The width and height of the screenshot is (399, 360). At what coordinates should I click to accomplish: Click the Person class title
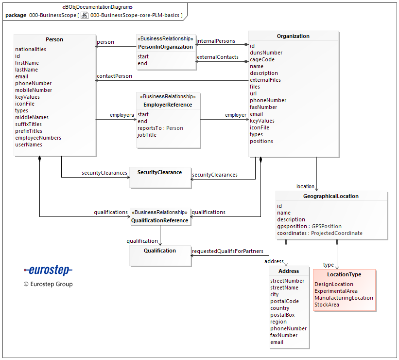point(54,39)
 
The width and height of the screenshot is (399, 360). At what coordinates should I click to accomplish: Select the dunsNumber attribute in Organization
point(266,53)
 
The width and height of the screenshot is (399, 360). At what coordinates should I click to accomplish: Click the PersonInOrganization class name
point(165,47)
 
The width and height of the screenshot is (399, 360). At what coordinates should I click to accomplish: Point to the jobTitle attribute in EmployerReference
point(147,135)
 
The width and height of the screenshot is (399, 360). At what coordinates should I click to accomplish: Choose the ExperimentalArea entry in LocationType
point(336,291)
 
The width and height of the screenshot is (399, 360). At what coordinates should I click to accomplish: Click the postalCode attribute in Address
point(284,301)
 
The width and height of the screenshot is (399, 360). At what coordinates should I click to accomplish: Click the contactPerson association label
point(114,76)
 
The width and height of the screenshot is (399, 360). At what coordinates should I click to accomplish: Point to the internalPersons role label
point(216,41)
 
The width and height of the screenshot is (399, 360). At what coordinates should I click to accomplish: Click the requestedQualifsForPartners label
point(227,251)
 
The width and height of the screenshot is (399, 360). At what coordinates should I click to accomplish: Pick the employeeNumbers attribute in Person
point(38,138)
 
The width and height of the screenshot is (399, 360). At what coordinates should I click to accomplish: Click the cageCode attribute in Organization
point(262,59)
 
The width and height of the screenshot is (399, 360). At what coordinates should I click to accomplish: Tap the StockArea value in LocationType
point(327,305)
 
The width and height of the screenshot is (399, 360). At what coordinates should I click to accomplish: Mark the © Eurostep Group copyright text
point(48,284)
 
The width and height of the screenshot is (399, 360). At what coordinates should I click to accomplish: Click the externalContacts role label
point(217,57)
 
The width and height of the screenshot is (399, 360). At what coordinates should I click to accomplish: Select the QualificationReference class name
point(159,220)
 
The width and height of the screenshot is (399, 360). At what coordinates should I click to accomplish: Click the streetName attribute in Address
point(284,288)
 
